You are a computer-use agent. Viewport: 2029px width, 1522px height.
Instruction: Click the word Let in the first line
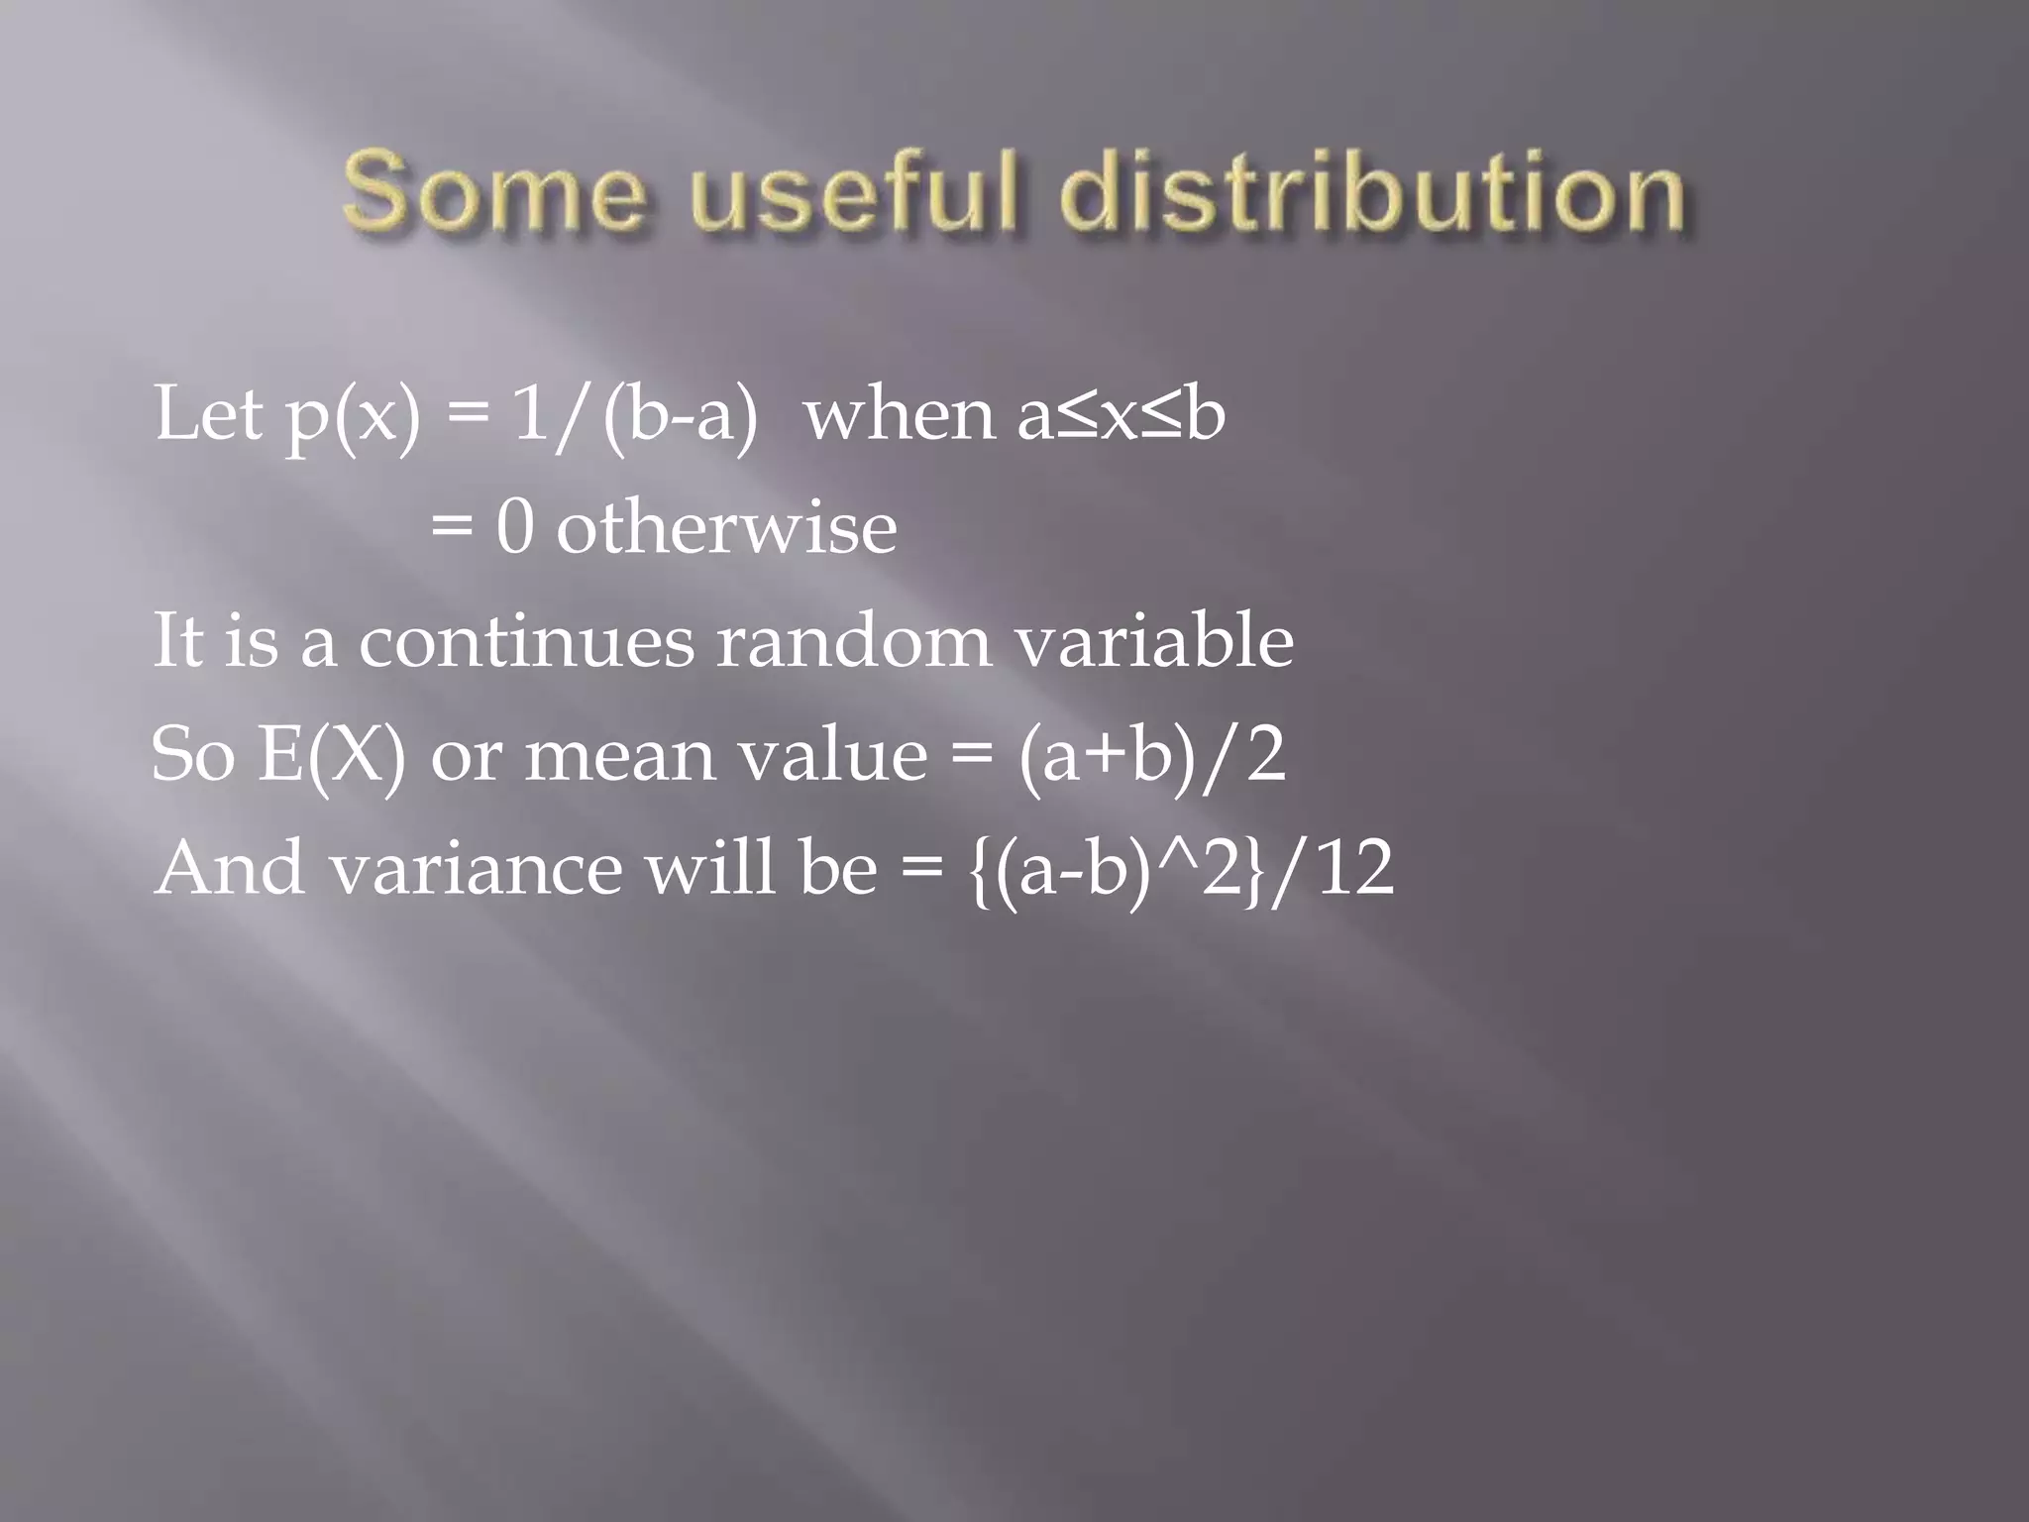(208, 414)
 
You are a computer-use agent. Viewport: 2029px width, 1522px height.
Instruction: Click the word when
(900, 414)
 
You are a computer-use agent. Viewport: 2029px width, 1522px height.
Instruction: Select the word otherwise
(726, 528)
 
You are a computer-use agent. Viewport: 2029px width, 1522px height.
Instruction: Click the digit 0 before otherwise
(514, 528)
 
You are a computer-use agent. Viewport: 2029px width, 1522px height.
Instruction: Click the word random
(853, 642)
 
